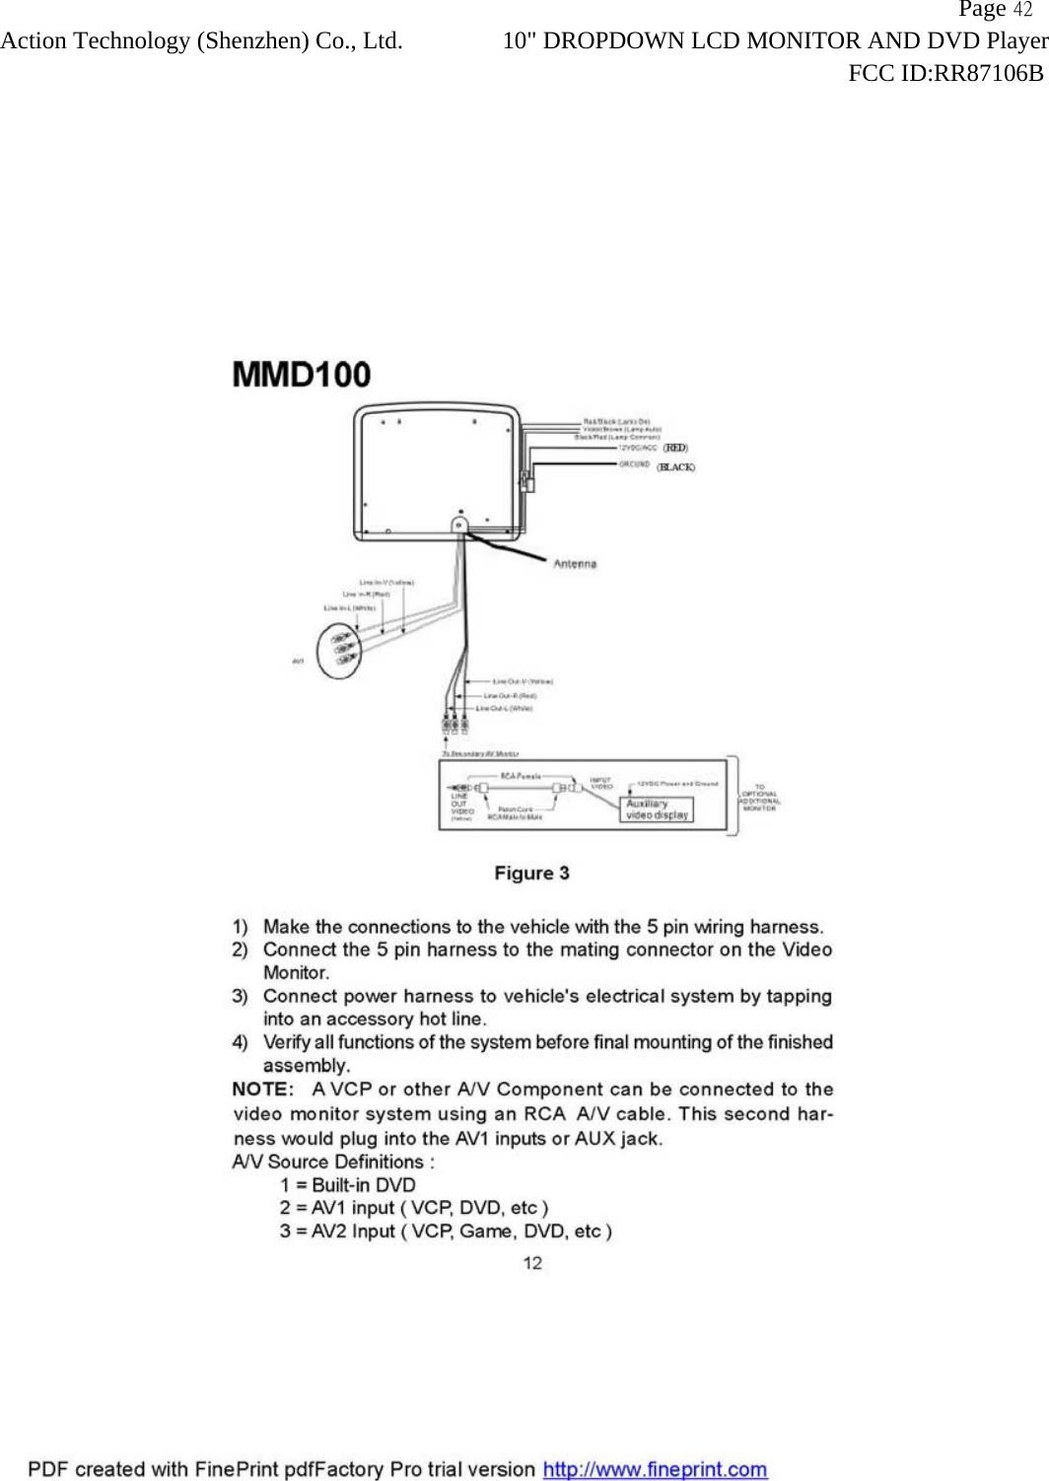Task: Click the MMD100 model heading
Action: pos(302,375)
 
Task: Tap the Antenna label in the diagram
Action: pos(575,564)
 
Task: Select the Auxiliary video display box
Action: pos(658,810)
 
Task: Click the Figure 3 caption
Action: pos(531,874)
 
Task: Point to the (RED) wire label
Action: pos(675,448)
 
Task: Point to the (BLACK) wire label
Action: pos(676,467)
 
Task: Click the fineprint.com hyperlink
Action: pos(655,1469)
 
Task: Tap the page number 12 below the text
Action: pos(532,1263)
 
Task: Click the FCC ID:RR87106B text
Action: pos(945,73)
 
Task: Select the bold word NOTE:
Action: pos(263,1090)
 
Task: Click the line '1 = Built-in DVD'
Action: pos(347,1185)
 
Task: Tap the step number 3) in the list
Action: pos(240,996)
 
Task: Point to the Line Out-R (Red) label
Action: pos(510,695)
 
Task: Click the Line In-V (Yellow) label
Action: pos(386,583)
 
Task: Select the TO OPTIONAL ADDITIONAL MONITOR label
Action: pos(759,798)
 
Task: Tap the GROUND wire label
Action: pos(634,463)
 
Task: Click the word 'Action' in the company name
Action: pos(34,41)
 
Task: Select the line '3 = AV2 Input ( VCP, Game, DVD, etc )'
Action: pos(446,1232)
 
